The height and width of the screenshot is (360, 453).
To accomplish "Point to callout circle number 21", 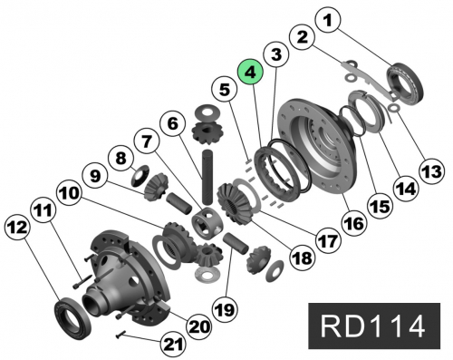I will tap(172, 345).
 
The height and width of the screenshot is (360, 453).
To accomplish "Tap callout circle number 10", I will tap(69, 195).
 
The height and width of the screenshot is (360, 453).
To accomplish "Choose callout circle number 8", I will tap(121, 158).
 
